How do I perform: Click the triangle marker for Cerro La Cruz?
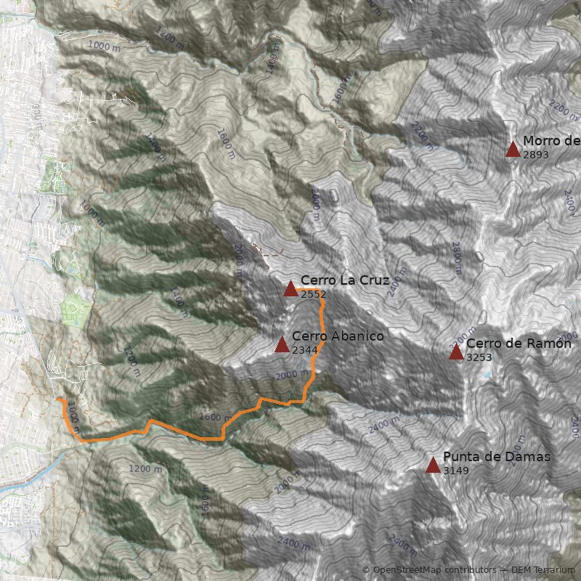(290, 289)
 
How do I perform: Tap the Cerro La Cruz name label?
(345, 280)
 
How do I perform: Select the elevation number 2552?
(313, 294)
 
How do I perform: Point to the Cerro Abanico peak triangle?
(282, 345)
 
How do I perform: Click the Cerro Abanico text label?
(338, 336)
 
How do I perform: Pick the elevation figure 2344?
(304, 350)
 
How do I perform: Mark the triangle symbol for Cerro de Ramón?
(456, 352)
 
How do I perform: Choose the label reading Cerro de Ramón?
(519, 344)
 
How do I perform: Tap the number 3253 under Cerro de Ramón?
(479, 357)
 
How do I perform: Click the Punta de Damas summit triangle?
(433, 465)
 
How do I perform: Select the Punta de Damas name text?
(496, 457)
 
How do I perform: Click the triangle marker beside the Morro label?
(513, 150)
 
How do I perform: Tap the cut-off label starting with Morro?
(550, 141)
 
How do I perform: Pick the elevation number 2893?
(535, 155)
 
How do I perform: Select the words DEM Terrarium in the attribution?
(543, 570)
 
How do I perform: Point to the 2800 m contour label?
(457, 257)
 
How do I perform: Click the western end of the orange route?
(59, 399)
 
